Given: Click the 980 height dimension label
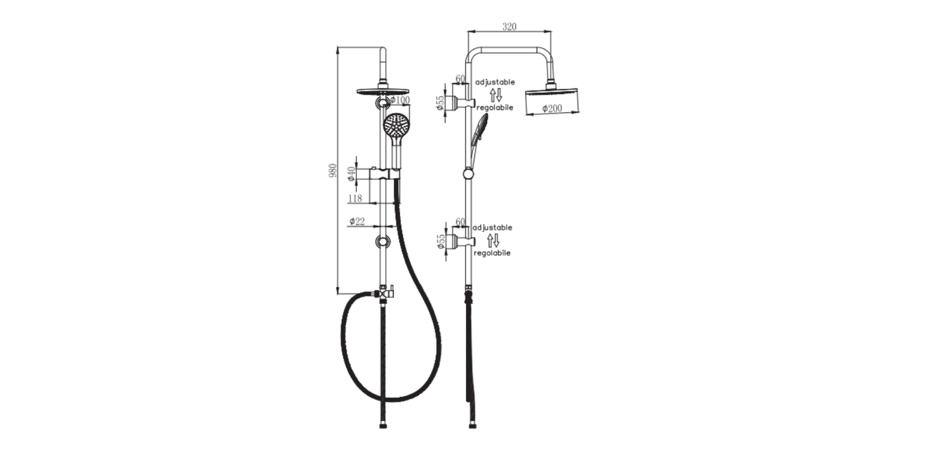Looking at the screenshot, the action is coord(333,170).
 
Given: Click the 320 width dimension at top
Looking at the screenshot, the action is coord(509,27).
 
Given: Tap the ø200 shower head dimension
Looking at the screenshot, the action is coord(552,109).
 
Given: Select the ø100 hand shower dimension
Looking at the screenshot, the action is coord(400,100).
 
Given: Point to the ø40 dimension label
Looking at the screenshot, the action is coord(352,174).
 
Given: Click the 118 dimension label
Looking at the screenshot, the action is coord(355,198).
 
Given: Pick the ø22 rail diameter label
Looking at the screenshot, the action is coord(357,221).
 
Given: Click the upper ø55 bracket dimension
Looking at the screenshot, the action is coord(440,103).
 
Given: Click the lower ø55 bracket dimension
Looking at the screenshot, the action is coord(441,241).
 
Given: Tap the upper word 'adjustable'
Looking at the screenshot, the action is coord(495,82).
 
